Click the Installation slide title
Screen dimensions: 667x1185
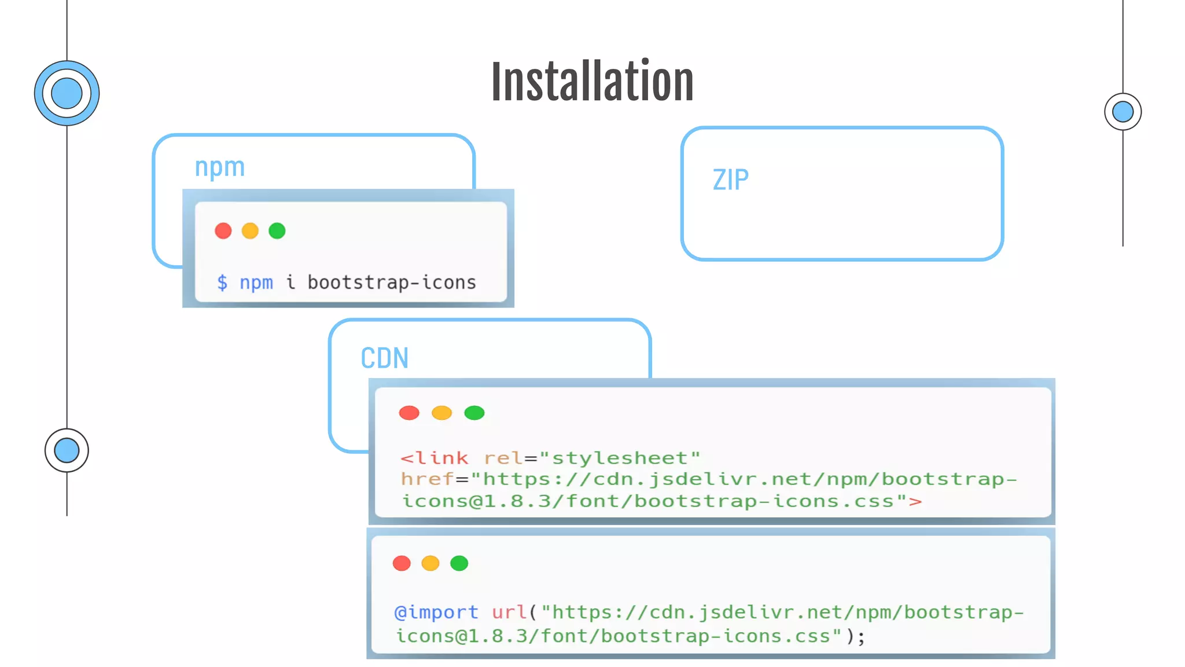(592, 81)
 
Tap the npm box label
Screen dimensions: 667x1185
(220, 167)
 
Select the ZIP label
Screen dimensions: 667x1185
(730, 179)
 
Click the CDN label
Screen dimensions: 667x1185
(384, 358)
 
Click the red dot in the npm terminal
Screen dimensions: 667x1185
(223, 231)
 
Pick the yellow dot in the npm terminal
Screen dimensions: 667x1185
(250, 231)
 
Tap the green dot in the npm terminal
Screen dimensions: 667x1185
(277, 231)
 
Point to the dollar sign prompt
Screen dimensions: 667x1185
(222, 283)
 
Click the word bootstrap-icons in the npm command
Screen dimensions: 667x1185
(391, 283)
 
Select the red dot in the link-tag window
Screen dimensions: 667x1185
(409, 413)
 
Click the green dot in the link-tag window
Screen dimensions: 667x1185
(474, 413)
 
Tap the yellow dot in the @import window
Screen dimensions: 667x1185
(430, 563)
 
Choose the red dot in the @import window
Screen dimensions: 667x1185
(402, 563)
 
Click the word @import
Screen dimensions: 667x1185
(436, 612)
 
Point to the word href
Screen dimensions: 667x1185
(427, 479)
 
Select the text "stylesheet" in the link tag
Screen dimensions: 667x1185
(620, 458)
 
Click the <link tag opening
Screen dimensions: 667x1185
(434, 458)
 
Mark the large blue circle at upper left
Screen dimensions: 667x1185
(67, 93)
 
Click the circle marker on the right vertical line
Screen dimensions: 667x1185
(1123, 112)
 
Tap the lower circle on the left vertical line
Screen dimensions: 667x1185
(67, 450)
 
